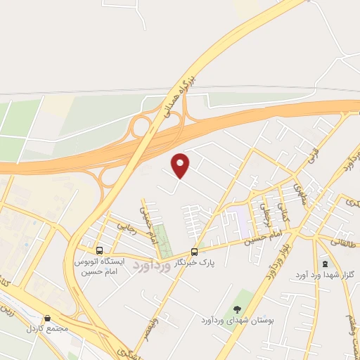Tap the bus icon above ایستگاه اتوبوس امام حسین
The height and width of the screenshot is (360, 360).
(x=99, y=251)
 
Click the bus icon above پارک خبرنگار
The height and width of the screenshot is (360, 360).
(x=195, y=252)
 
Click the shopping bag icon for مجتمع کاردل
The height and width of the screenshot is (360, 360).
(x=47, y=318)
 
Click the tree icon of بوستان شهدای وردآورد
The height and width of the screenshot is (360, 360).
(x=237, y=309)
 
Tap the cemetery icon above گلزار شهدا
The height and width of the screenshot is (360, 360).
(x=324, y=263)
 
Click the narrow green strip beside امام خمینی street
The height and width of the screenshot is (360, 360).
(x=164, y=240)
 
